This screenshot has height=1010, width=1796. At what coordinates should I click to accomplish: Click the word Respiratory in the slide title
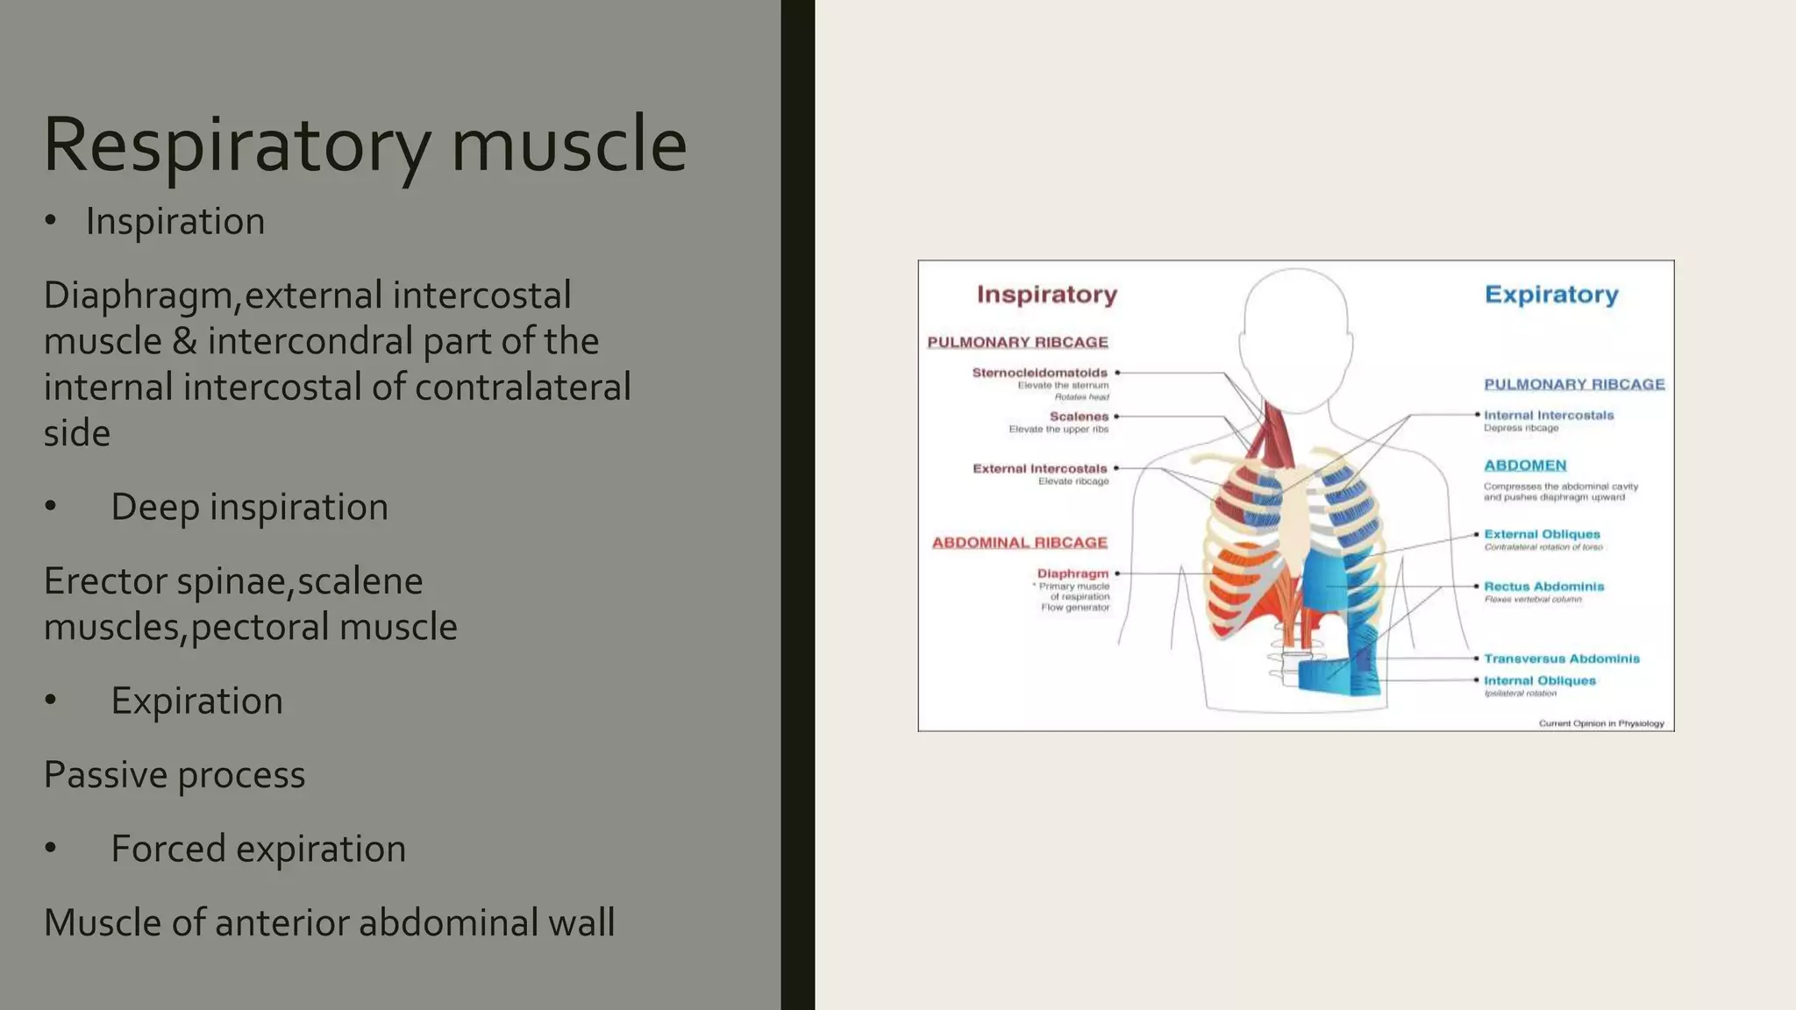coord(237,145)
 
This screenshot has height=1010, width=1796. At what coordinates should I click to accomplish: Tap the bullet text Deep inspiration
coord(249,507)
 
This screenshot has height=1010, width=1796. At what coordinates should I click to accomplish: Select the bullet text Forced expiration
coord(258,849)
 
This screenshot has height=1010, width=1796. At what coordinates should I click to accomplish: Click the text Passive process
coord(175,775)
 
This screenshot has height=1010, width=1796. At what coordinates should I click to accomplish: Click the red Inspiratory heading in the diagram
coord(1046,295)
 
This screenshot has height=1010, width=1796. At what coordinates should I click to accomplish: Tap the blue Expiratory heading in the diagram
coord(1550,295)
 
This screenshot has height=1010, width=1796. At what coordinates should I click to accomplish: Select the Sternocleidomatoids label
coord(1039,373)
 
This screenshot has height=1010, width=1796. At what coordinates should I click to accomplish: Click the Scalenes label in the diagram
coord(1079,416)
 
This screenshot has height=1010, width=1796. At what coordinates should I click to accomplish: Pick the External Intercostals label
coord(1039,468)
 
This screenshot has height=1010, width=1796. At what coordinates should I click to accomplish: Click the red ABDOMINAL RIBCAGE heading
coord(1019,543)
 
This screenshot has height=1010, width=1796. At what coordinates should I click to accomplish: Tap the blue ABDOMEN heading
coord(1524,466)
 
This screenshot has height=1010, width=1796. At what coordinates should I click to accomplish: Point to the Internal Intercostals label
coord(1548,416)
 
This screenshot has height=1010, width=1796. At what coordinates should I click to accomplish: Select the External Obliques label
coord(1542,534)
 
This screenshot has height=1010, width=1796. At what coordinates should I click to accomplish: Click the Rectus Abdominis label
coord(1543,587)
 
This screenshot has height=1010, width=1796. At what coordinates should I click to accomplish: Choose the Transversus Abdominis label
coord(1561,658)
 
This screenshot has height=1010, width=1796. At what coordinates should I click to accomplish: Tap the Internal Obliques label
coord(1539,680)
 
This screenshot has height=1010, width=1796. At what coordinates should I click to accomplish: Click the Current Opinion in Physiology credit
coord(1600,723)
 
